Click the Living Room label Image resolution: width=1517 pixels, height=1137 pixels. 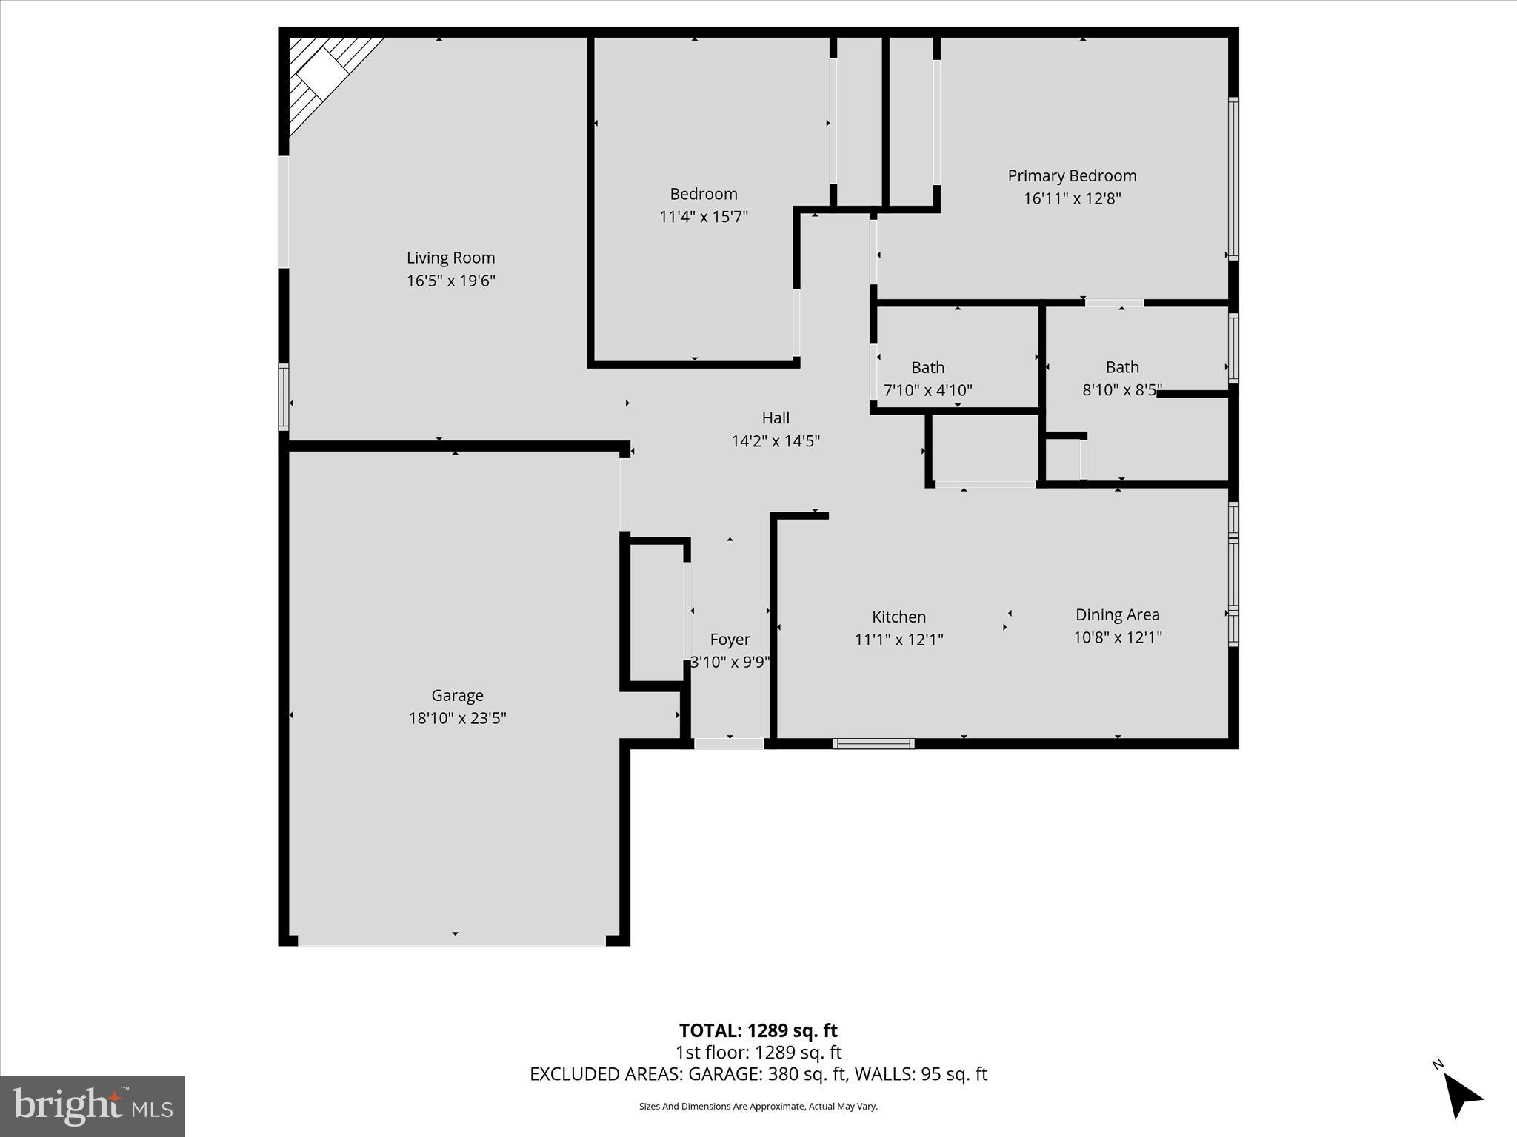point(450,258)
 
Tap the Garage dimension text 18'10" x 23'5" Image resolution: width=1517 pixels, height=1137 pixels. point(457,718)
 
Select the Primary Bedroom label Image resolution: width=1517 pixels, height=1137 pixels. point(1072,176)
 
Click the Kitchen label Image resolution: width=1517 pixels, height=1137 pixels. point(898,617)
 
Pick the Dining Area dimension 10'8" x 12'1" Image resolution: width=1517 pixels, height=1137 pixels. point(1117,637)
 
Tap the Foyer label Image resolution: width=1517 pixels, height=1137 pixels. point(730,639)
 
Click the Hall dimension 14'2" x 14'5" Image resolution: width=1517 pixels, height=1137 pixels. point(776,441)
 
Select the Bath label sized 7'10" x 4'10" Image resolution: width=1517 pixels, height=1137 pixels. point(927,367)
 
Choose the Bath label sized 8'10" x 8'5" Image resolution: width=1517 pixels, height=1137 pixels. point(1122,367)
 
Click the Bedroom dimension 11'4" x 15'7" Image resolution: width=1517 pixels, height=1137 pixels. point(704,217)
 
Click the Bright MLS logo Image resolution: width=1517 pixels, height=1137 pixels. point(93,1106)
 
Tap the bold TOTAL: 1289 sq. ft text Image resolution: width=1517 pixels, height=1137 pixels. point(758,1030)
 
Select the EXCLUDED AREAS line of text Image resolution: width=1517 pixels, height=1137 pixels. point(758,1074)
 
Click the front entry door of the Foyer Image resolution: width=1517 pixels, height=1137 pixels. point(729,743)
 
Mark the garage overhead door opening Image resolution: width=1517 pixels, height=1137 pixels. point(452,940)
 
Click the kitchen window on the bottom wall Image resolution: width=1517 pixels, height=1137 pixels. point(873,743)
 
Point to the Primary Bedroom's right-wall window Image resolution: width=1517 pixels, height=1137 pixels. point(1233,178)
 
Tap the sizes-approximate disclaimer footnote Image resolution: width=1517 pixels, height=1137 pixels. point(758,1106)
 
